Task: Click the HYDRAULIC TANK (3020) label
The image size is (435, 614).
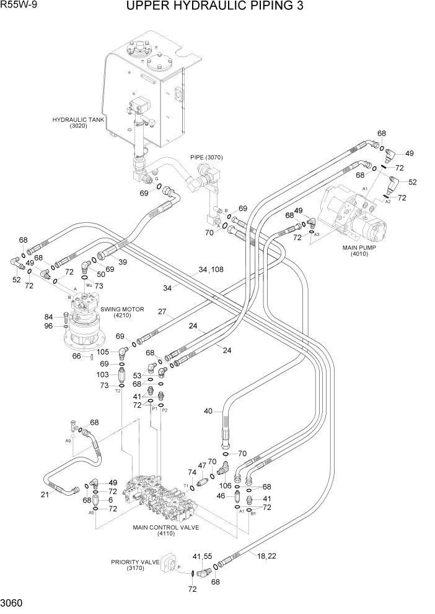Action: [x=78, y=123]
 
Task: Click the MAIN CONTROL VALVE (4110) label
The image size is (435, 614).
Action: [x=165, y=531]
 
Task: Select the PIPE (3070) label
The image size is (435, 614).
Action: [x=206, y=157]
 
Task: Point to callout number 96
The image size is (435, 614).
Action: [x=48, y=327]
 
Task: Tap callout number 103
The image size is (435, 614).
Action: [x=102, y=375]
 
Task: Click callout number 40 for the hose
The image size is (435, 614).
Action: [x=208, y=410]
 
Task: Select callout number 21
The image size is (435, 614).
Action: [x=45, y=494]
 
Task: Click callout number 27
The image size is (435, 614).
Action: [x=163, y=311]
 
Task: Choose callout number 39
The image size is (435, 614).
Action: [x=122, y=262]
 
